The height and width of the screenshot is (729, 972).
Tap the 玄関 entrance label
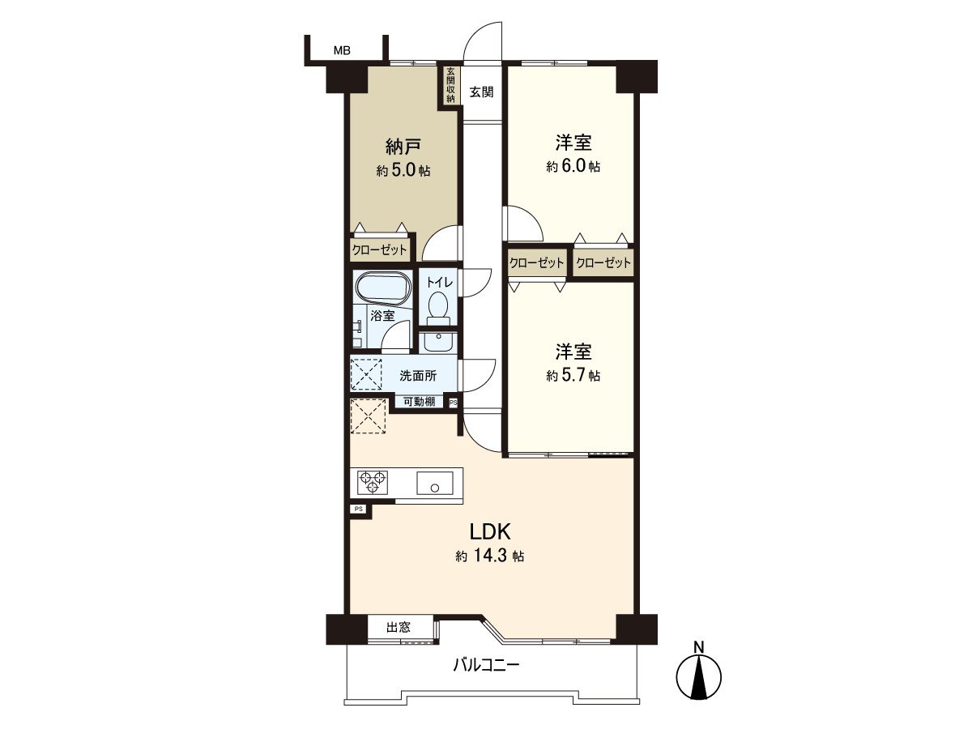pyautogui.click(x=481, y=92)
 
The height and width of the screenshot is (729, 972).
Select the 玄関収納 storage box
pyautogui.click(x=450, y=85)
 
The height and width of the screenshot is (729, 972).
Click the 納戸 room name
pyautogui.click(x=403, y=147)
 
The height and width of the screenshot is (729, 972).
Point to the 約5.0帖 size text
pyautogui.click(x=403, y=171)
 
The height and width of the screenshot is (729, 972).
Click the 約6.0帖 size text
pyautogui.click(x=573, y=166)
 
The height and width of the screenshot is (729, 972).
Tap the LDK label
pyautogui.click(x=489, y=531)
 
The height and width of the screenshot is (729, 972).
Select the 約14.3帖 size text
pyautogui.click(x=489, y=556)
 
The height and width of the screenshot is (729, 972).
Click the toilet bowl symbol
pyautogui.click(x=438, y=306)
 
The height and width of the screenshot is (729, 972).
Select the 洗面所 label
pyautogui.click(x=418, y=376)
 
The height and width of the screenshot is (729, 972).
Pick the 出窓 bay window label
pyautogui.click(x=398, y=627)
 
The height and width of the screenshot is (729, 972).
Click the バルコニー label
pyautogui.click(x=485, y=666)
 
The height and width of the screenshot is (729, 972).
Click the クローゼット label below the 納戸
pyautogui.click(x=379, y=250)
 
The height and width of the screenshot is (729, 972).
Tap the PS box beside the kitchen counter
pyautogui.click(x=358, y=509)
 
